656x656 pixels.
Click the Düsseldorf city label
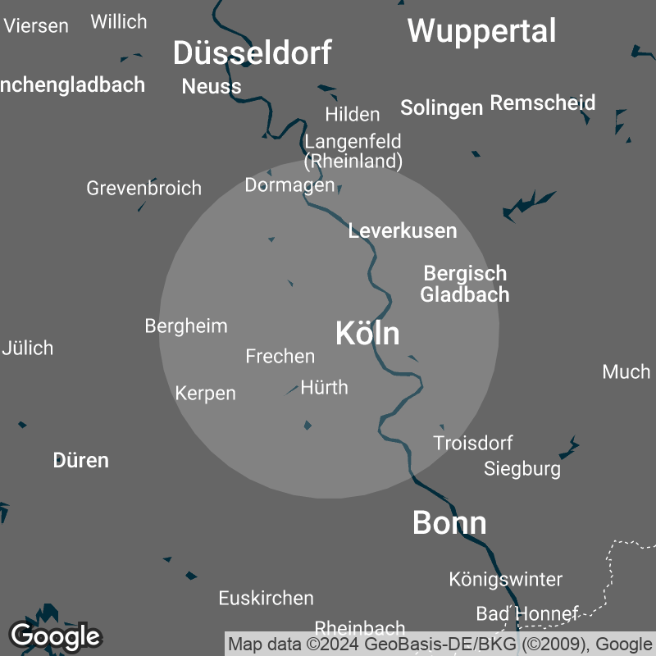click(x=252, y=53)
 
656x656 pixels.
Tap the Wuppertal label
click(x=481, y=31)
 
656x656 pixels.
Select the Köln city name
click(x=367, y=334)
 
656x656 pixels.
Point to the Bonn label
click(x=449, y=522)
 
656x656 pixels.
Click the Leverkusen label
click(x=402, y=230)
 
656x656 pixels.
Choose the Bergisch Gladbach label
click(x=465, y=284)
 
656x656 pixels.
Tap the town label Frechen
click(x=280, y=356)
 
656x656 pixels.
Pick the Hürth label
click(x=324, y=387)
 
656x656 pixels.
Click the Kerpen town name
click(x=205, y=394)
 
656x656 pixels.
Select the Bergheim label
click(x=185, y=326)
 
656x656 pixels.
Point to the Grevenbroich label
click(x=143, y=188)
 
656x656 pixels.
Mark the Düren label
click(x=80, y=460)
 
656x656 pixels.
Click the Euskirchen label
click(x=266, y=599)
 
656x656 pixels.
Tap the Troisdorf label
click(x=472, y=443)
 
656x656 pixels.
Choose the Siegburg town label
click(x=522, y=469)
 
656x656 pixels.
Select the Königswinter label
click(x=505, y=579)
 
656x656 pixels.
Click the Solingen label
click(x=440, y=107)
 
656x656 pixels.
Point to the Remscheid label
click(x=542, y=103)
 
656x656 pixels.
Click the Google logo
click(x=55, y=635)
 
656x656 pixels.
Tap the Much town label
click(x=626, y=371)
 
